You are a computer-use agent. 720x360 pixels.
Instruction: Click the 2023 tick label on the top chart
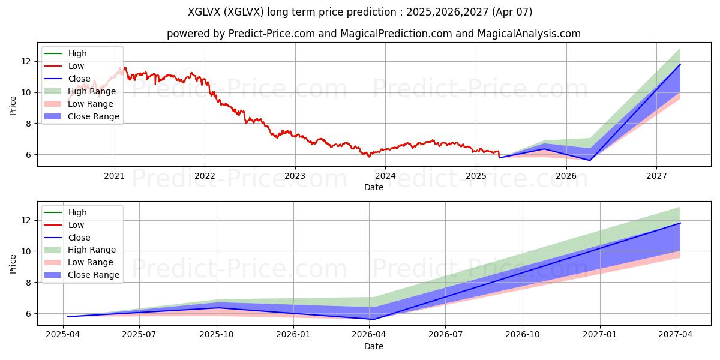point(295,176)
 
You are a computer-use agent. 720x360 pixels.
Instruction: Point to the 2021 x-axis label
point(114,176)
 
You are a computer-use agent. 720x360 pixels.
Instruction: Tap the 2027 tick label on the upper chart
point(656,176)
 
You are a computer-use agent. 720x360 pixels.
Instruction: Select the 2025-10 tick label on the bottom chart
point(217,335)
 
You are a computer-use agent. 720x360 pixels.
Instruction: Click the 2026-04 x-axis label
point(369,335)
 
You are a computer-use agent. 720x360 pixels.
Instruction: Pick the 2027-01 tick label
point(600,335)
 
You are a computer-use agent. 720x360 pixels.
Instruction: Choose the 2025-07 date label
point(139,335)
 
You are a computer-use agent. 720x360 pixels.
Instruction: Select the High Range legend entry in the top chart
point(80,91)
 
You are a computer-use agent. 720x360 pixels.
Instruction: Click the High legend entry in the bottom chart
point(65,212)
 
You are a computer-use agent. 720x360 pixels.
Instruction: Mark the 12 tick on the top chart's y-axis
point(26,61)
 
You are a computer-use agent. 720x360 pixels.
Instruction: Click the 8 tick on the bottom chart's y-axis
point(29,283)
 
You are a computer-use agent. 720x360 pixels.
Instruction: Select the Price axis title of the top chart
point(13,106)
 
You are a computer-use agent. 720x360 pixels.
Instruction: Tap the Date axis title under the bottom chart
point(373,346)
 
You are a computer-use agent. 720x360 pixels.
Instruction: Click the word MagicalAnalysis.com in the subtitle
point(529,34)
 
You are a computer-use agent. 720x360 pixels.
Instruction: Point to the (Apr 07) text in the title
point(512,12)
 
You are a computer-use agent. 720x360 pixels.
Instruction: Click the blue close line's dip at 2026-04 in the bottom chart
point(373,319)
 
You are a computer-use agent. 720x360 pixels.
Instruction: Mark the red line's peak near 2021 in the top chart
point(125,67)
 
